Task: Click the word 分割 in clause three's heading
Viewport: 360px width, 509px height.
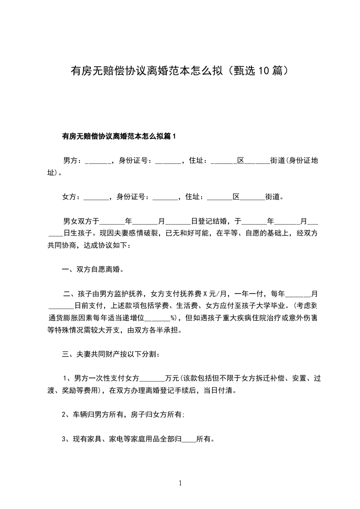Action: pyautogui.click(x=151, y=354)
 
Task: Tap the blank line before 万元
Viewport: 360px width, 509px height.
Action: pyautogui.click(x=153, y=378)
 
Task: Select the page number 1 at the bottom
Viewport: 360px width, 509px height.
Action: pyautogui.click(x=180, y=483)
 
